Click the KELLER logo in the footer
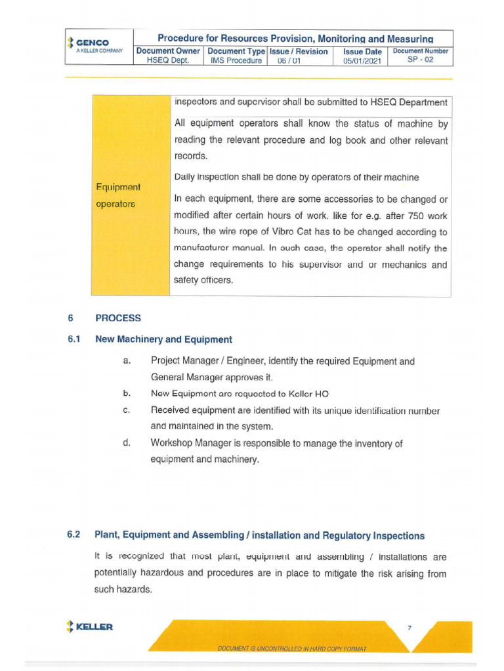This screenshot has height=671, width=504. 89,626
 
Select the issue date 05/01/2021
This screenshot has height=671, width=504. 362,61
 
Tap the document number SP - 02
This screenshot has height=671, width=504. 420,60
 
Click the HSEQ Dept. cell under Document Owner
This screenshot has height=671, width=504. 168,60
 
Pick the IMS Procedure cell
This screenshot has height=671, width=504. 236,60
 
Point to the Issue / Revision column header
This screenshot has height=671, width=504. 299,51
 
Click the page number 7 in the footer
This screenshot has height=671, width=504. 409,628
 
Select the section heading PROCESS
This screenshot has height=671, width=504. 118,318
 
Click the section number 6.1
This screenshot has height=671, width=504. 73,339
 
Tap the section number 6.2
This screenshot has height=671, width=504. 73,535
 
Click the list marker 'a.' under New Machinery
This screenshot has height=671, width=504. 127,361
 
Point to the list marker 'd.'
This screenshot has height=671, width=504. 127,443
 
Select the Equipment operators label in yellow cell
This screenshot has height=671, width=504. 117,195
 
